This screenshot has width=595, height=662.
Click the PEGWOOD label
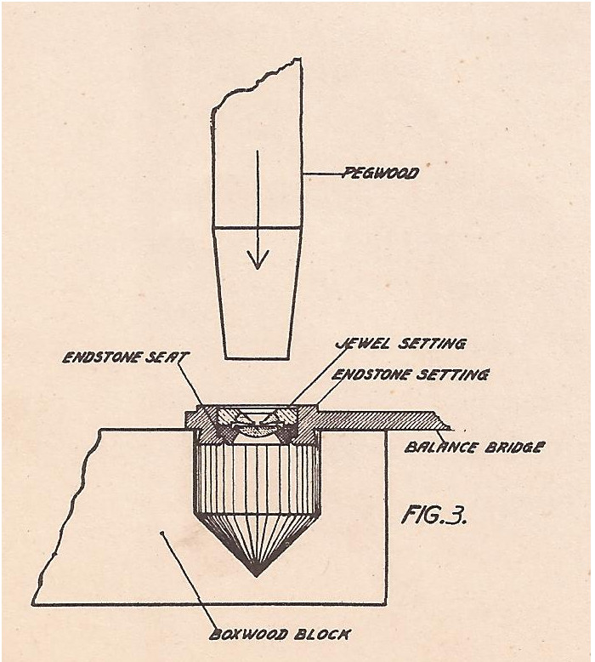pyautogui.click(x=381, y=174)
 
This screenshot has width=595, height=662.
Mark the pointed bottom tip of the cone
pyautogui.click(x=257, y=574)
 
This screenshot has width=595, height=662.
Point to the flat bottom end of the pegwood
pyautogui.click(x=257, y=357)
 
